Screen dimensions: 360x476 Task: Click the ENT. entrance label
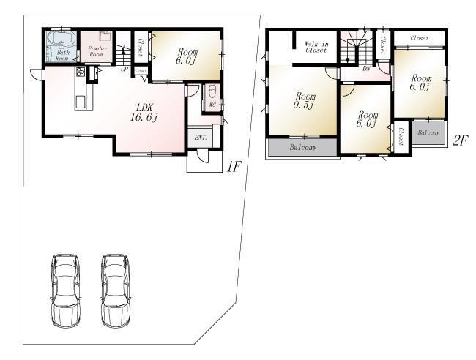(x=199, y=137)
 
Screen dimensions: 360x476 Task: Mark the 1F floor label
(x=233, y=167)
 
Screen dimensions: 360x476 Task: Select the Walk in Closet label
(x=316, y=48)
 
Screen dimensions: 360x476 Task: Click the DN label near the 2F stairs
(x=365, y=69)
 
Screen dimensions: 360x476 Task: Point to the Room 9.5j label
(x=305, y=100)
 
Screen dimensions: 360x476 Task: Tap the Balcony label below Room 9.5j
(x=302, y=147)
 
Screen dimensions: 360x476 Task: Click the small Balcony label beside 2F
(x=428, y=132)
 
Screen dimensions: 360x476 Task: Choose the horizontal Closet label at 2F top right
(x=420, y=38)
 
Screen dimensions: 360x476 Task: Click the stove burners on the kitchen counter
(x=81, y=72)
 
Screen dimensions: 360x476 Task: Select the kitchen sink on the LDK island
(x=81, y=100)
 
